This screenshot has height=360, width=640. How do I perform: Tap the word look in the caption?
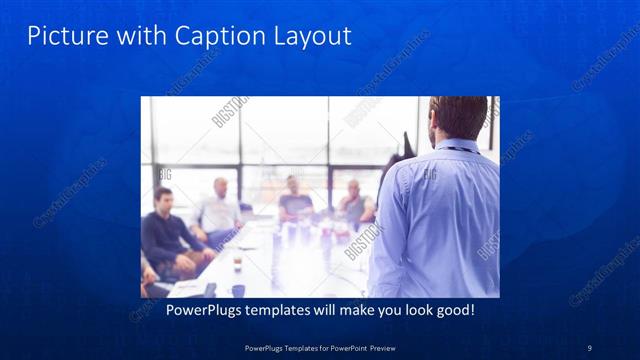point(407,311)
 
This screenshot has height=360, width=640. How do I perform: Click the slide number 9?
point(589,347)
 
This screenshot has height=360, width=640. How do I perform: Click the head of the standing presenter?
point(457,118)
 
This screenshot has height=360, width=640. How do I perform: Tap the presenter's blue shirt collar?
point(455,146)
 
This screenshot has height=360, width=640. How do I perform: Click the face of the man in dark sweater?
point(163,198)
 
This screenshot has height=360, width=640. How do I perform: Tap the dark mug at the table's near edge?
point(238,290)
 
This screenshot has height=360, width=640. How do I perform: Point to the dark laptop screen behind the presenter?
point(408,145)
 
